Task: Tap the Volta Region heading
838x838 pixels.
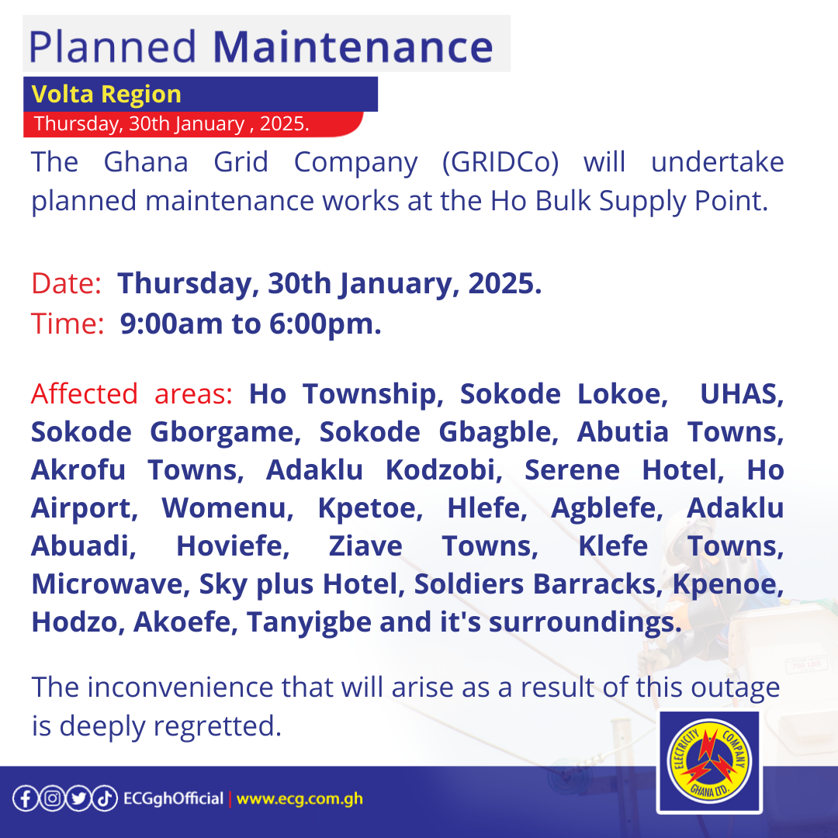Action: (x=106, y=94)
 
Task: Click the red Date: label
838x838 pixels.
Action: (x=67, y=284)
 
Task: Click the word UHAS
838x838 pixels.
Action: (x=742, y=394)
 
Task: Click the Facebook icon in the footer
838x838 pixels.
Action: (x=25, y=798)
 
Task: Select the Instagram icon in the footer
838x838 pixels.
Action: (x=51, y=798)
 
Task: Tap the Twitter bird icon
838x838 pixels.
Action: (x=78, y=798)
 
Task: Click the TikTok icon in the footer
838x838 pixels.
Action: (x=104, y=798)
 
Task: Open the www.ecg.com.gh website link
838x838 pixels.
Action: (x=300, y=798)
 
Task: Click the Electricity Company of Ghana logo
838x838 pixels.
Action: (x=708, y=763)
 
